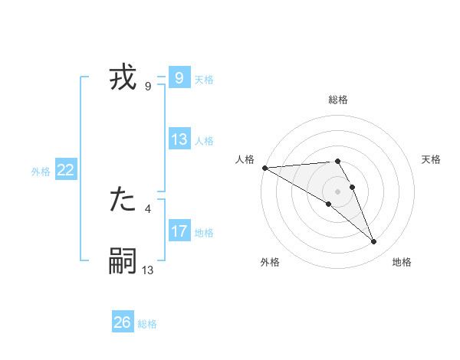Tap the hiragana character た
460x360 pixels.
[123, 200]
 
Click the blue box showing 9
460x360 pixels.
[179, 77]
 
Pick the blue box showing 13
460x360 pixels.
[179, 139]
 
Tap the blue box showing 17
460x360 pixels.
[179, 231]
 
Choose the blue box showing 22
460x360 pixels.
[65, 170]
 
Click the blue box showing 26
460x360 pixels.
[123, 322]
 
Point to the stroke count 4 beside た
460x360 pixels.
[147, 208]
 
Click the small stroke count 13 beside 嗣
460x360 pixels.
[148, 269]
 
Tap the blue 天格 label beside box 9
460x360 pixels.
[204, 80]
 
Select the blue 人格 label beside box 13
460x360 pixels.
[204, 141]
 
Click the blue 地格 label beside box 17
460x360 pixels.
[204, 233]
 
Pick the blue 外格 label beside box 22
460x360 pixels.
[41, 172]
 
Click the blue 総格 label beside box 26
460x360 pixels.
[147, 324]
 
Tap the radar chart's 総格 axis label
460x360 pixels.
[337, 100]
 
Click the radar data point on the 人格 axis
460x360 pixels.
[264, 168]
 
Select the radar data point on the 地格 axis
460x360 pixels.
[374, 242]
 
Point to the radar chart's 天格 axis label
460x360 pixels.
[431, 159]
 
